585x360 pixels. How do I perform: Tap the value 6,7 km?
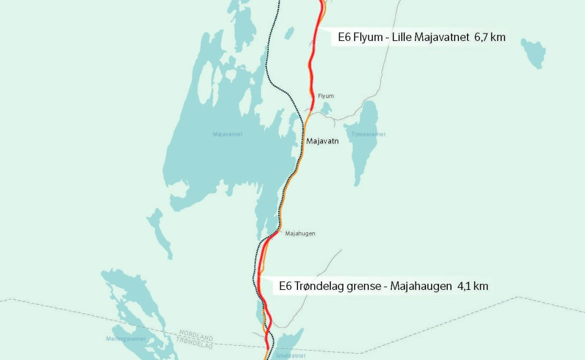(x=489, y=37)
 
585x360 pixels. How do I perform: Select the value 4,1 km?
(x=472, y=286)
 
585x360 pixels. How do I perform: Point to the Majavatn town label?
(x=322, y=142)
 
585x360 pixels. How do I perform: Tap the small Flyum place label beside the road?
(x=325, y=96)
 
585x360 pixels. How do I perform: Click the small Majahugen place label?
(x=300, y=233)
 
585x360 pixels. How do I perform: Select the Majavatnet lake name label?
(x=227, y=134)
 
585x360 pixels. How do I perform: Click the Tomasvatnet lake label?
(x=368, y=134)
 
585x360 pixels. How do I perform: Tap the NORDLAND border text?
(x=196, y=333)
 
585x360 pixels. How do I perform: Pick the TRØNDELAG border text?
(x=194, y=341)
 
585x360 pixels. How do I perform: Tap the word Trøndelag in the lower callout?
(x=321, y=286)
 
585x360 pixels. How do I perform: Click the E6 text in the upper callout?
(x=344, y=37)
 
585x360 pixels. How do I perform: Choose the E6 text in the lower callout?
(x=286, y=286)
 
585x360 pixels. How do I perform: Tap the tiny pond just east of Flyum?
(x=326, y=109)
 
